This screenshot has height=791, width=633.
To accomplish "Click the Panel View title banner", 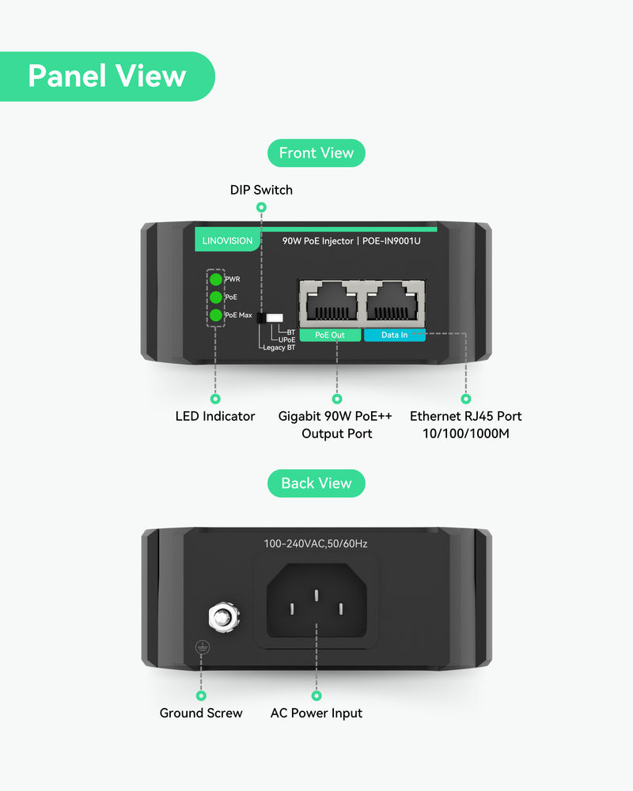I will (107, 76).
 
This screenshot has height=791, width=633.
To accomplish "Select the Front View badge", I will (316, 153).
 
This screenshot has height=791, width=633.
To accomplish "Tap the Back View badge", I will (316, 483).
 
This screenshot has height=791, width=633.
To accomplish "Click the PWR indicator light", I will (215, 279).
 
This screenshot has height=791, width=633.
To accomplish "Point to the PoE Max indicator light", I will (215, 316).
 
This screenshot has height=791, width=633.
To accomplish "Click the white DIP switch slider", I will (275, 316).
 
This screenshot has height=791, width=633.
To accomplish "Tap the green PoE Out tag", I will (330, 335).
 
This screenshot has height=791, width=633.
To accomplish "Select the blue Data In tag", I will (394, 335).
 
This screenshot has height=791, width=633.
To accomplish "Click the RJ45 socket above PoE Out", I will (330, 302).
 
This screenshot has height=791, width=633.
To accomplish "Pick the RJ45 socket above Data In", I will (394, 302).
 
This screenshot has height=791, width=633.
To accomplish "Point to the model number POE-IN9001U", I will (391, 240).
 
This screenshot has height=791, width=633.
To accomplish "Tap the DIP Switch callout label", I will (261, 190).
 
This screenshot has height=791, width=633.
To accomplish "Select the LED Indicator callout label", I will (215, 416).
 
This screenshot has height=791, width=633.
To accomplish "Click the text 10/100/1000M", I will (465, 433).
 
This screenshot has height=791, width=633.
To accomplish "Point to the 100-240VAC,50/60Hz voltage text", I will (316, 543).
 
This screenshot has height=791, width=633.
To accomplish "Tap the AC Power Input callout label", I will (316, 713).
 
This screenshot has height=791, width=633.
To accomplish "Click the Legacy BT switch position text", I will (279, 348).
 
